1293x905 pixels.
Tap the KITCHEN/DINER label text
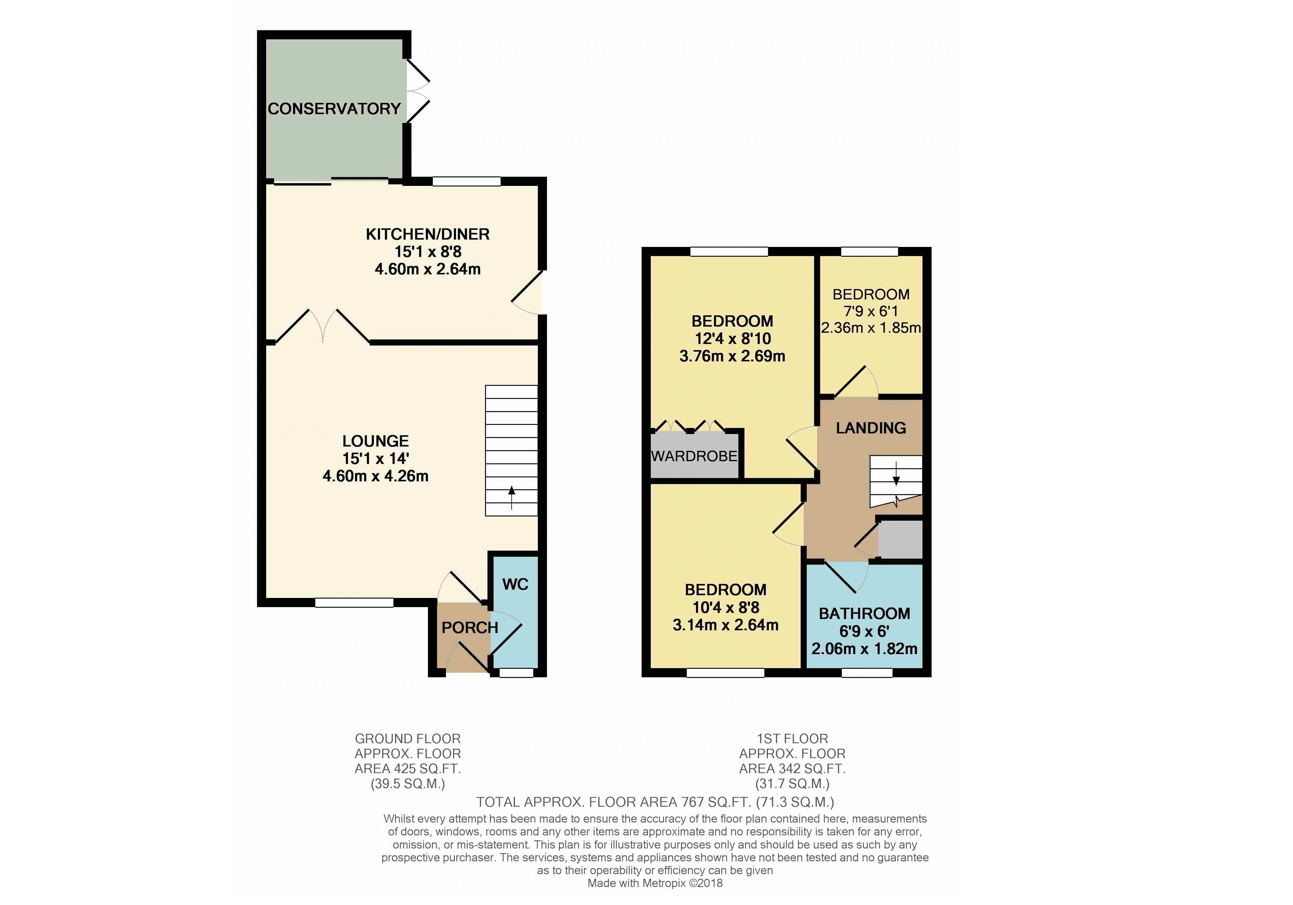(427, 234)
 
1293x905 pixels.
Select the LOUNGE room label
(376, 441)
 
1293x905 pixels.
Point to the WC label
(515, 585)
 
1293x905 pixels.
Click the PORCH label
(470, 628)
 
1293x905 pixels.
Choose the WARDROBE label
(694, 456)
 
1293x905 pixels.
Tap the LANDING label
(871, 428)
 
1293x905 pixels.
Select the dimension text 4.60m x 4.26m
(376, 476)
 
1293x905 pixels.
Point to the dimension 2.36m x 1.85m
(871, 328)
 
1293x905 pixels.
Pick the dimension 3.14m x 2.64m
(725, 625)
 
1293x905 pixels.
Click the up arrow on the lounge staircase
(511, 498)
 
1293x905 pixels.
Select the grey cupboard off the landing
(900, 540)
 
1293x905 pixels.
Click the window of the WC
(516, 672)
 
